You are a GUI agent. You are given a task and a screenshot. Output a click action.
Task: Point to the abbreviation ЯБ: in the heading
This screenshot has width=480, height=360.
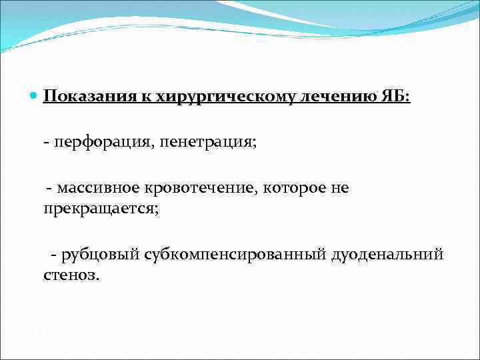[397, 97]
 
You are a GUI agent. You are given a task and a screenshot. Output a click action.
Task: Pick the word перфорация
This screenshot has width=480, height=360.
[106, 143]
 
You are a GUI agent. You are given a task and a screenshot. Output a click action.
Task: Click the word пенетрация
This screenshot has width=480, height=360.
[213, 143]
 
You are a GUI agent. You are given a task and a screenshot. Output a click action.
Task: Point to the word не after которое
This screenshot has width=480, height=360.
[339, 189]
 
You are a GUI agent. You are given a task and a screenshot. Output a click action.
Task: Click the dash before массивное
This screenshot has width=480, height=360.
[49, 189]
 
